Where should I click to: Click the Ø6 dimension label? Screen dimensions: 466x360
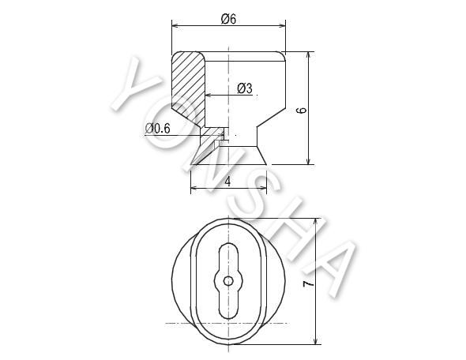(x=228, y=19)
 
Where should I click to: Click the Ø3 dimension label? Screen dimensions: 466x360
(x=245, y=88)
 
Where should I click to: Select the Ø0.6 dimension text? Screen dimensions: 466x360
(x=158, y=129)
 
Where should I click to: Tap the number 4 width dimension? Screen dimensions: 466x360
(x=228, y=181)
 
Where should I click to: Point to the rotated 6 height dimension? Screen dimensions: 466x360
(x=302, y=111)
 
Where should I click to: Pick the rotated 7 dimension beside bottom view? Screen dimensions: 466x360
(x=309, y=283)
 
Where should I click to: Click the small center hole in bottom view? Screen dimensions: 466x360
(x=228, y=281)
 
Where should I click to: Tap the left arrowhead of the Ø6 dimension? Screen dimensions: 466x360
(x=176, y=25)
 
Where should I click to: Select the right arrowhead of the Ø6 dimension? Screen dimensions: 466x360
(x=281, y=25)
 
